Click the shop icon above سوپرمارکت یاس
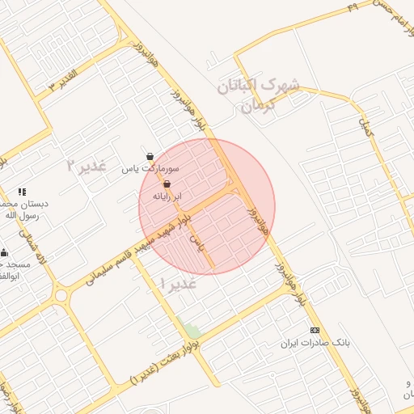tap(150, 157)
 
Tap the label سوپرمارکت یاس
tap(150, 169)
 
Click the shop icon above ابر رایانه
tap(167, 184)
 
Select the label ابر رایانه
tap(168, 196)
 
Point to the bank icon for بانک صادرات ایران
tap(315, 331)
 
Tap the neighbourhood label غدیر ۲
tap(86, 165)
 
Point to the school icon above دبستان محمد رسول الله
tap(22, 192)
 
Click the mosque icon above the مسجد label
tap(4, 252)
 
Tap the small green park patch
tap(192, 331)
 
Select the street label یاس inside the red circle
tap(194, 240)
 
